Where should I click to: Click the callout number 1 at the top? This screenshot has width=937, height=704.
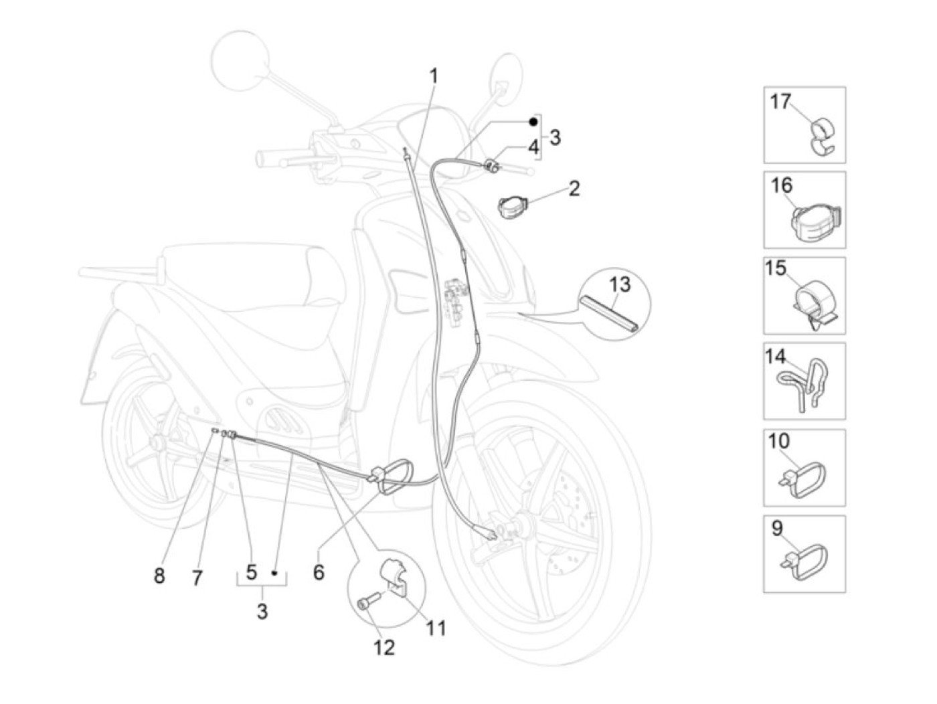[434, 76]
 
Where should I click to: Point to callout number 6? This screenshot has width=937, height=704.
[319, 572]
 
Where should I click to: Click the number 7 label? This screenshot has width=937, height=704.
[197, 578]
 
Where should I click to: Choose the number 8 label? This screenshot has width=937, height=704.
[159, 576]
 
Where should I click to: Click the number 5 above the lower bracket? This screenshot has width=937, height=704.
[252, 572]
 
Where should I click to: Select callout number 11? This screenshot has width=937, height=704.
[436, 628]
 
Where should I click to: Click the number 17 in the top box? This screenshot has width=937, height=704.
[780, 102]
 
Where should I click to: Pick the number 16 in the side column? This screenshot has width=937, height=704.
[782, 185]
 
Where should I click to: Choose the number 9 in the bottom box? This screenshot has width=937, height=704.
[776, 529]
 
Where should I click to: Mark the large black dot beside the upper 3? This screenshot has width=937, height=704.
[533, 122]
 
